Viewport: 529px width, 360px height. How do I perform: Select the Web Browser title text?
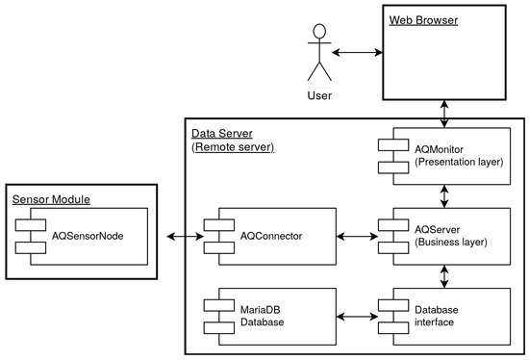(x=422, y=19)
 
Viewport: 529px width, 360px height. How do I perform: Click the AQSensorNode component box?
(x=85, y=235)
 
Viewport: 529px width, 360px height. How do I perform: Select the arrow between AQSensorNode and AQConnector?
(x=179, y=235)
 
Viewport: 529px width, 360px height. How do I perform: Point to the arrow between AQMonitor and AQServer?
(x=443, y=195)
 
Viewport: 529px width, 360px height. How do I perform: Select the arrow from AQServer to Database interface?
(x=443, y=275)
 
